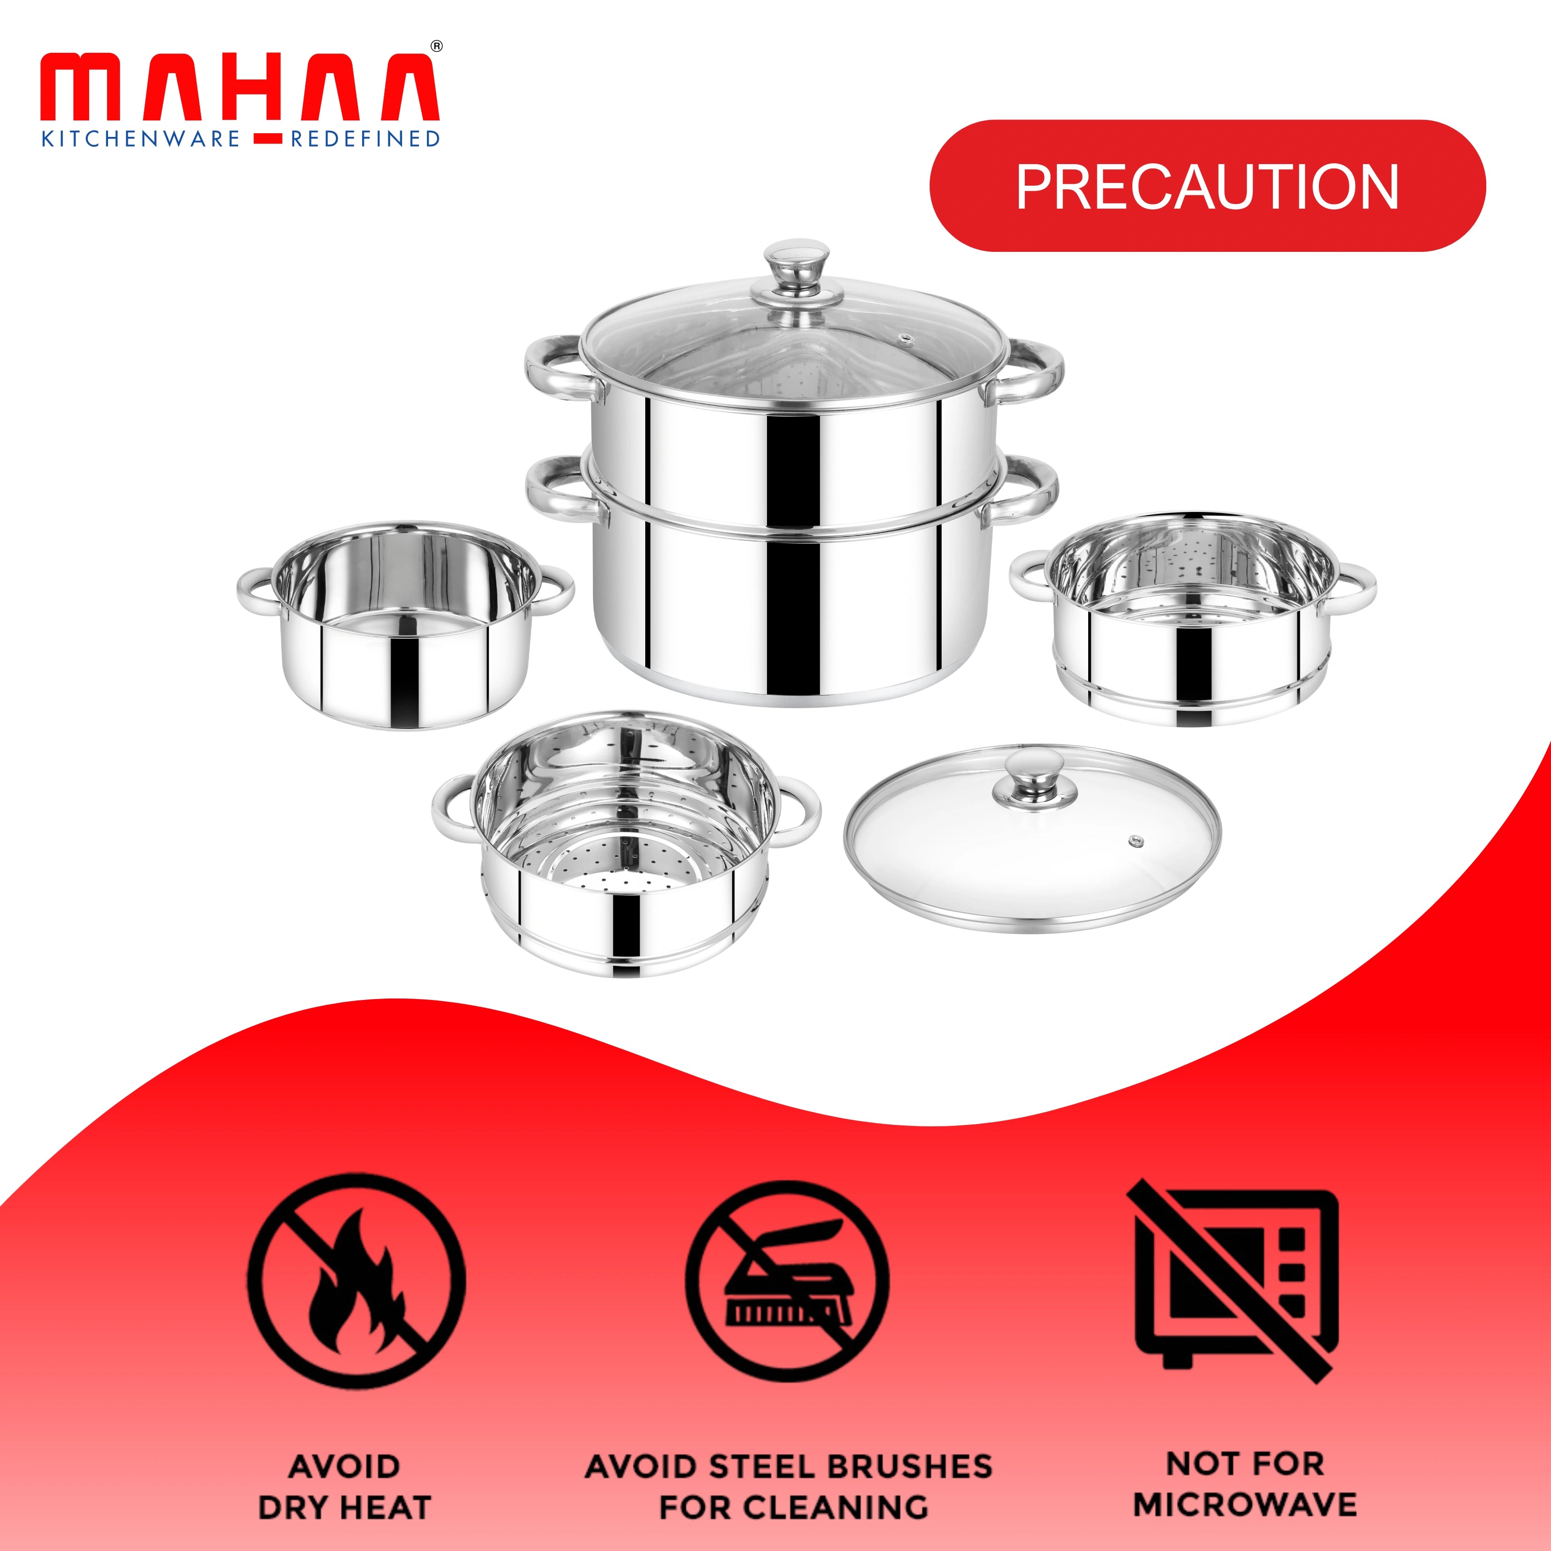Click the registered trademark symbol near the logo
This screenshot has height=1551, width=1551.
[x=437, y=46]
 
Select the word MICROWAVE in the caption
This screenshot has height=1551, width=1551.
[x=1244, y=1505]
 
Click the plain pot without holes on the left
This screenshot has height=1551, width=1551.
[x=404, y=634]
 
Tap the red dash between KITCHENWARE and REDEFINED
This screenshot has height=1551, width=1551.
[x=265, y=140]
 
